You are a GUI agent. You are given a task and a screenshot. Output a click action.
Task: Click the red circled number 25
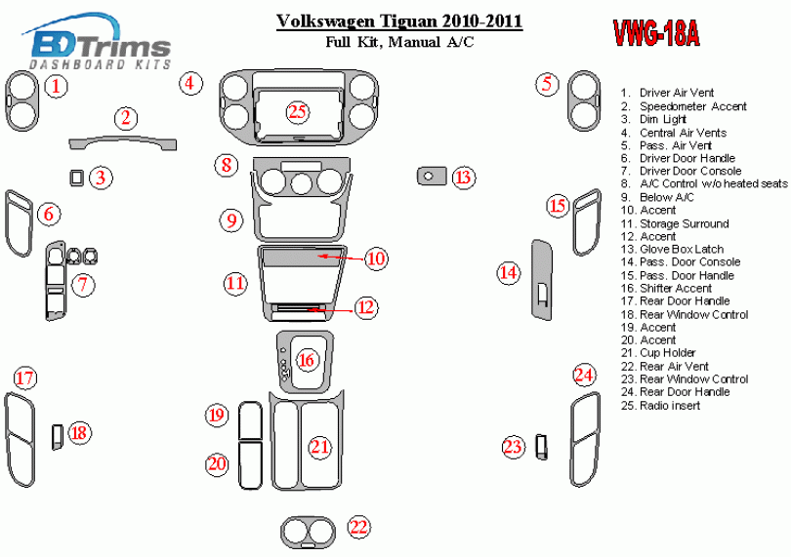(x=298, y=111)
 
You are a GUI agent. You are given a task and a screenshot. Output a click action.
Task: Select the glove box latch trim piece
(x=428, y=177)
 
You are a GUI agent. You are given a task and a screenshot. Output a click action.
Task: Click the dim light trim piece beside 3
(x=76, y=177)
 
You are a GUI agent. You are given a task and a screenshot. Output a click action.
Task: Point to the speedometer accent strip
(x=126, y=143)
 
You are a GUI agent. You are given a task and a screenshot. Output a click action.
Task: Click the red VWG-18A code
(x=654, y=33)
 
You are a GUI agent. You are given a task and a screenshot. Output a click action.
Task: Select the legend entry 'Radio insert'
(x=670, y=405)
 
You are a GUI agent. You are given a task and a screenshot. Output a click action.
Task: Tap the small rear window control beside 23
(x=540, y=447)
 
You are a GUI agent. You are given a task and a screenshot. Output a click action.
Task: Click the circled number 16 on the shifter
(x=307, y=361)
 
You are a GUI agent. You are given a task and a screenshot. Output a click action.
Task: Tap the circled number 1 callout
(x=58, y=86)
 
